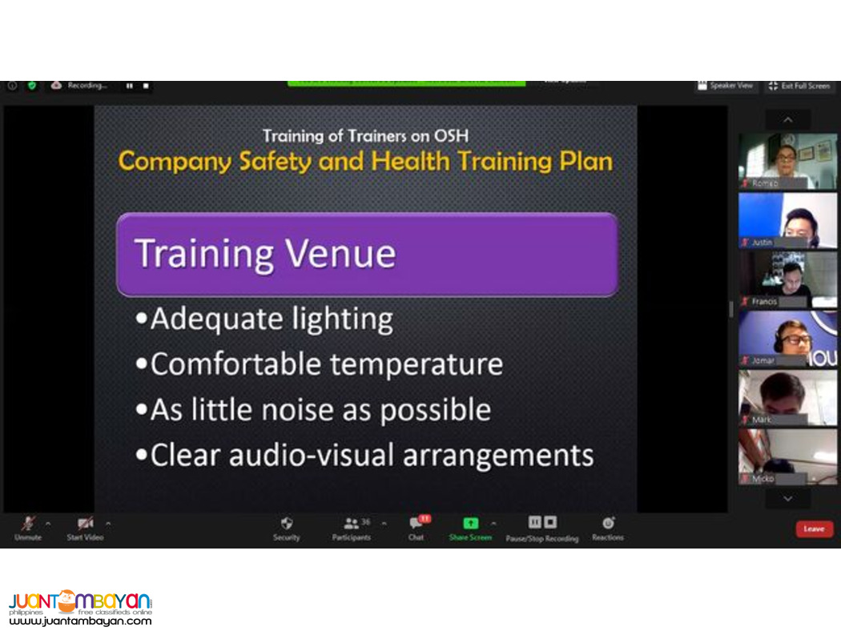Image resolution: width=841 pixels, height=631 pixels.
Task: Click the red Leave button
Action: tap(814, 529)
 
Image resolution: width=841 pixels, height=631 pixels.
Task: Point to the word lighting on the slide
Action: tap(342, 320)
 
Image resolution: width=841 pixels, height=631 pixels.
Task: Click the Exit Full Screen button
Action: tap(799, 86)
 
